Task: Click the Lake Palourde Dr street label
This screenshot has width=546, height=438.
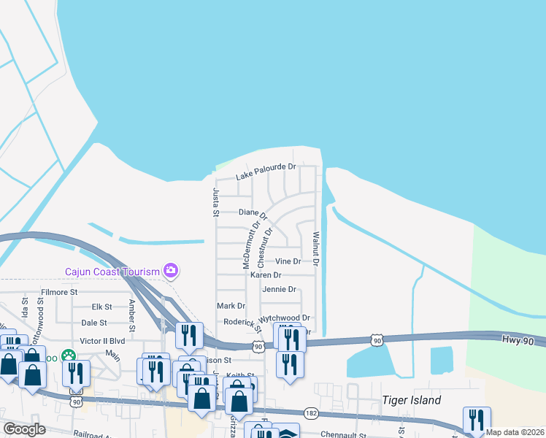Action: pos(266,172)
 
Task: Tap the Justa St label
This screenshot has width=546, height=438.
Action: pos(215,202)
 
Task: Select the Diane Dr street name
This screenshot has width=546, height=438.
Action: pos(254,212)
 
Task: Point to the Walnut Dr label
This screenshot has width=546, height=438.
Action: pos(316,249)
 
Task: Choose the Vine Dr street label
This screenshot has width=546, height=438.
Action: pos(288,261)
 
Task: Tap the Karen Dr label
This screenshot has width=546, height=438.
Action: pos(266,275)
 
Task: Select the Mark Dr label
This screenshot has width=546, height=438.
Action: pos(231,306)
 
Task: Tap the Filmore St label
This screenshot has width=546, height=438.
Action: pos(59,292)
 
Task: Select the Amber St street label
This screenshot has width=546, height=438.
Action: pos(132,315)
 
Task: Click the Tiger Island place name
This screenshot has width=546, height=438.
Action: pos(412,400)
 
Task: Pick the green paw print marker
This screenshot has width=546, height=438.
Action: pos(69,356)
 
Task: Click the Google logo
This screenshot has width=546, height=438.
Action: pos(24,429)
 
